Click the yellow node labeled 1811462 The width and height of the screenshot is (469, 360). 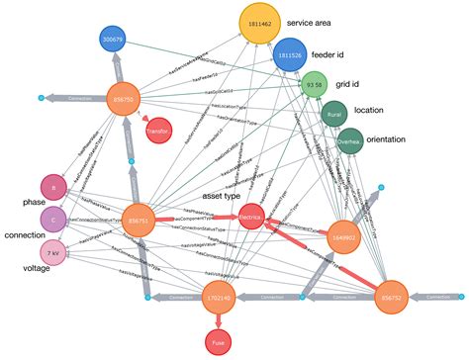(255, 24)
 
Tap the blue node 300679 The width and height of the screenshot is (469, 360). (113, 40)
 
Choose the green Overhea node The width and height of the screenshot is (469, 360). (350, 144)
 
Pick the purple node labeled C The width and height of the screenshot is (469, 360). (52, 218)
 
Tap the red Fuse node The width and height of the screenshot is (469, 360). (217, 342)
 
